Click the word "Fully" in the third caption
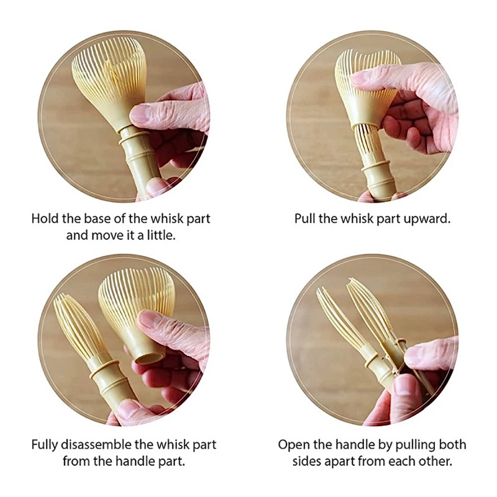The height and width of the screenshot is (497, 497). click(x=44, y=445)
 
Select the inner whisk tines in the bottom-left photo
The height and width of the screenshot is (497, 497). click(x=80, y=328)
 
